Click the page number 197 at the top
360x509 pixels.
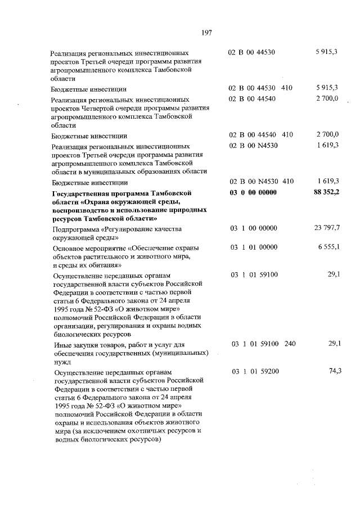[205, 33]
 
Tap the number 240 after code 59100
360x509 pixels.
[289, 343]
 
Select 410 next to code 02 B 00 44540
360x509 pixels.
[287, 135]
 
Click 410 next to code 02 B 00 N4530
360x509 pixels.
[287, 182]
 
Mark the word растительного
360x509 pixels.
[100, 256]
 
